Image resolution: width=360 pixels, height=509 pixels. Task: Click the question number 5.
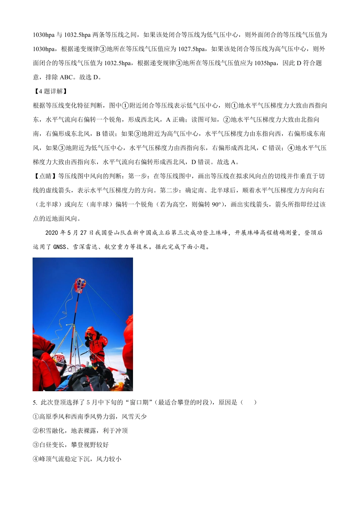[35, 402]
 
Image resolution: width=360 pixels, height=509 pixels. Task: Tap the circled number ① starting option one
[36, 417]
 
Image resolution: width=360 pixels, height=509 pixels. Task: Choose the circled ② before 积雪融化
[36, 431]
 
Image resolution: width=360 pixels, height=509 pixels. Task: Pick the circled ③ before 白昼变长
[36, 445]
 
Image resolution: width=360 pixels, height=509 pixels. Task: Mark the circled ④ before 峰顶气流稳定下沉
[36, 459]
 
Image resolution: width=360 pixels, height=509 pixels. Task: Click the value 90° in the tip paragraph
[216, 205]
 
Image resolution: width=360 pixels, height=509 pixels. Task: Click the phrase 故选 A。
[228, 162]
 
